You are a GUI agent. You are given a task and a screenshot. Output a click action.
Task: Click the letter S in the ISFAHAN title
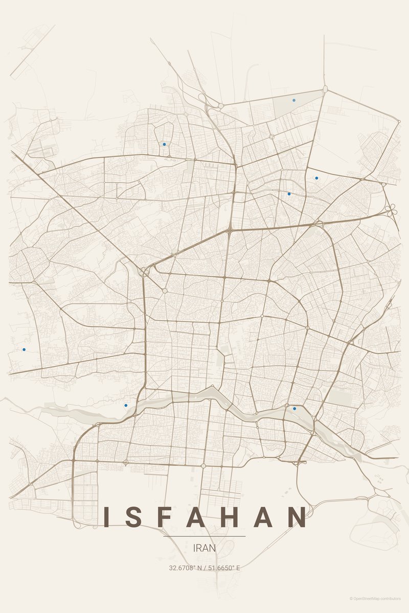tap(135, 517)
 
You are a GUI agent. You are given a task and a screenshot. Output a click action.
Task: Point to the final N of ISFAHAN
tap(296, 517)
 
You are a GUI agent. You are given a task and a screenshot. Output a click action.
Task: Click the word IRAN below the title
tap(204, 548)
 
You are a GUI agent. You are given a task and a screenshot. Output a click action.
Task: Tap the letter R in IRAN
tap(200, 548)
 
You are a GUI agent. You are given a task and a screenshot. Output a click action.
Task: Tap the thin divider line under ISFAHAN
tap(204, 536)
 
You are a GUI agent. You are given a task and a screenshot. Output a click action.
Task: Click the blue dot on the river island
tap(294, 408)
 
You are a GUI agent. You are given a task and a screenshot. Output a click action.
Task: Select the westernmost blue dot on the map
tap(24, 349)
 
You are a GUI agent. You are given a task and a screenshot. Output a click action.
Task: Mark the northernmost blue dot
tap(294, 100)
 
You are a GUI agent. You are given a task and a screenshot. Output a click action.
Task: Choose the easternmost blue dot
tap(316, 178)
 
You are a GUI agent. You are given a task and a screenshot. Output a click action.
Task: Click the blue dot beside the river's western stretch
tap(126, 405)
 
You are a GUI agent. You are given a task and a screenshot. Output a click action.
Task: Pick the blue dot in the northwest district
tap(164, 144)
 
